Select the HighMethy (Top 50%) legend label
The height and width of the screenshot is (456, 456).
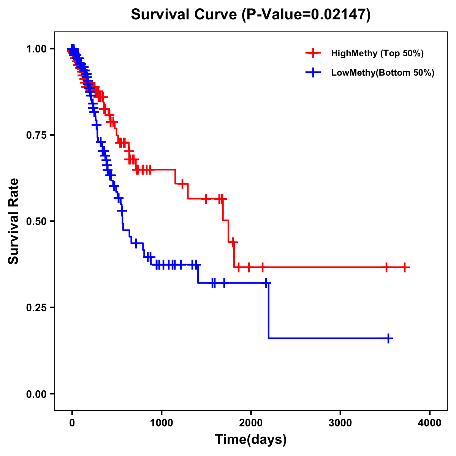click(x=377, y=53)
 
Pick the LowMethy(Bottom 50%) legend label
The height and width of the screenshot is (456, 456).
click(x=383, y=73)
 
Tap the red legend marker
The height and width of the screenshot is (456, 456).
click(x=313, y=53)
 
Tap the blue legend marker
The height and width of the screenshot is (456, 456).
click(x=313, y=73)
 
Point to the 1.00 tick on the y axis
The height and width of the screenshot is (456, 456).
click(x=36, y=49)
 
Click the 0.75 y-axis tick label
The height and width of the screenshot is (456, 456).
click(x=36, y=135)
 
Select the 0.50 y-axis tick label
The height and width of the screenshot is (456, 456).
click(x=36, y=222)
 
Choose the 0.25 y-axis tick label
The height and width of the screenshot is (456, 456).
click(x=36, y=307)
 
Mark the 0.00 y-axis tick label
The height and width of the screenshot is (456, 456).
click(x=36, y=394)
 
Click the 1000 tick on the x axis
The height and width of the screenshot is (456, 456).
click(x=161, y=423)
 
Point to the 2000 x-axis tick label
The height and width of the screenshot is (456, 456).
click(x=251, y=423)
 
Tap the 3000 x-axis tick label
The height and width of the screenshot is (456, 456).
click(x=340, y=423)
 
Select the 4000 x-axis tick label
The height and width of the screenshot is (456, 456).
click(x=430, y=423)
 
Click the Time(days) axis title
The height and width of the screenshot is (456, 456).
click(x=251, y=440)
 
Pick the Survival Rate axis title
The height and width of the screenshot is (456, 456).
click(x=14, y=221)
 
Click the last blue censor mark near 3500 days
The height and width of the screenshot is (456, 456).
click(x=388, y=338)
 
